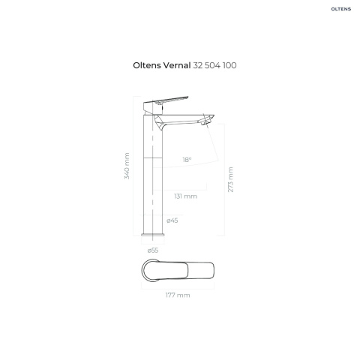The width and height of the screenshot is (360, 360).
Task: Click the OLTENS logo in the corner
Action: (x=341, y=9)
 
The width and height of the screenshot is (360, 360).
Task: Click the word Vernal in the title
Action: (x=177, y=65)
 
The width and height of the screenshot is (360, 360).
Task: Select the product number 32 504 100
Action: (x=214, y=65)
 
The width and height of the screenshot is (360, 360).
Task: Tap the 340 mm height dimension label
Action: (x=127, y=166)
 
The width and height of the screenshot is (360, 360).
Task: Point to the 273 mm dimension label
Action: (x=230, y=179)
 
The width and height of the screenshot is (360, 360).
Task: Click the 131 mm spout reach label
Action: (x=186, y=196)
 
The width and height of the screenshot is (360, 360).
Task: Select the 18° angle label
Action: (x=187, y=160)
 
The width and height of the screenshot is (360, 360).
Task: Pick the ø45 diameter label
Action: (x=172, y=220)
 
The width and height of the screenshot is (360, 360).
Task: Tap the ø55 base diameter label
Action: (x=153, y=250)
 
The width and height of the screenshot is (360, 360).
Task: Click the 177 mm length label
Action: (x=178, y=295)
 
